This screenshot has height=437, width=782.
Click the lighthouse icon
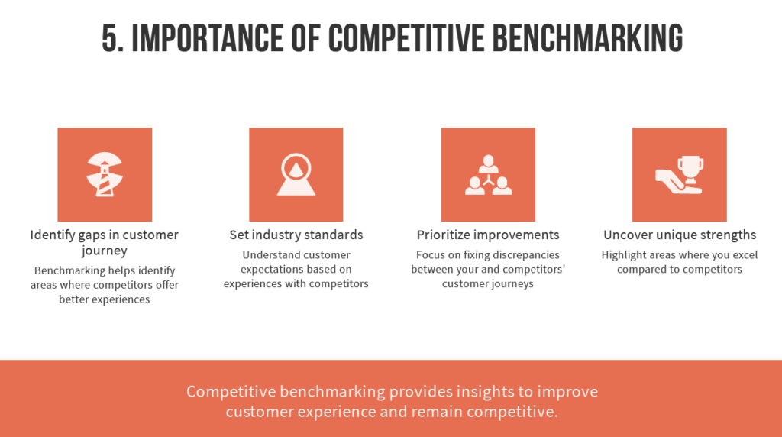coord(105,174)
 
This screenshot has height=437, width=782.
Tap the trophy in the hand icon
coord(679,175)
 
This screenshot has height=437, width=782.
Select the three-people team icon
coord(488,175)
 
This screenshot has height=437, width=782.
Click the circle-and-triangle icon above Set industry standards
coord(296,174)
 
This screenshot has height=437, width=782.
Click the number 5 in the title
coord(113,38)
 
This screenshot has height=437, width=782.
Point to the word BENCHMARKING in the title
coord(587,38)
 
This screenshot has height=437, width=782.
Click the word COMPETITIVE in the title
coord(406,38)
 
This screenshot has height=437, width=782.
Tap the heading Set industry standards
coord(296,235)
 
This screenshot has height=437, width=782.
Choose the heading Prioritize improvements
coord(488,235)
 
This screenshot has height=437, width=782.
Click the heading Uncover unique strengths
coord(680,235)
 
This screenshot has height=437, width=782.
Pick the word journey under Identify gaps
coord(104,251)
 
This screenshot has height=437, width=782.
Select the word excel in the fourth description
coord(745,255)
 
